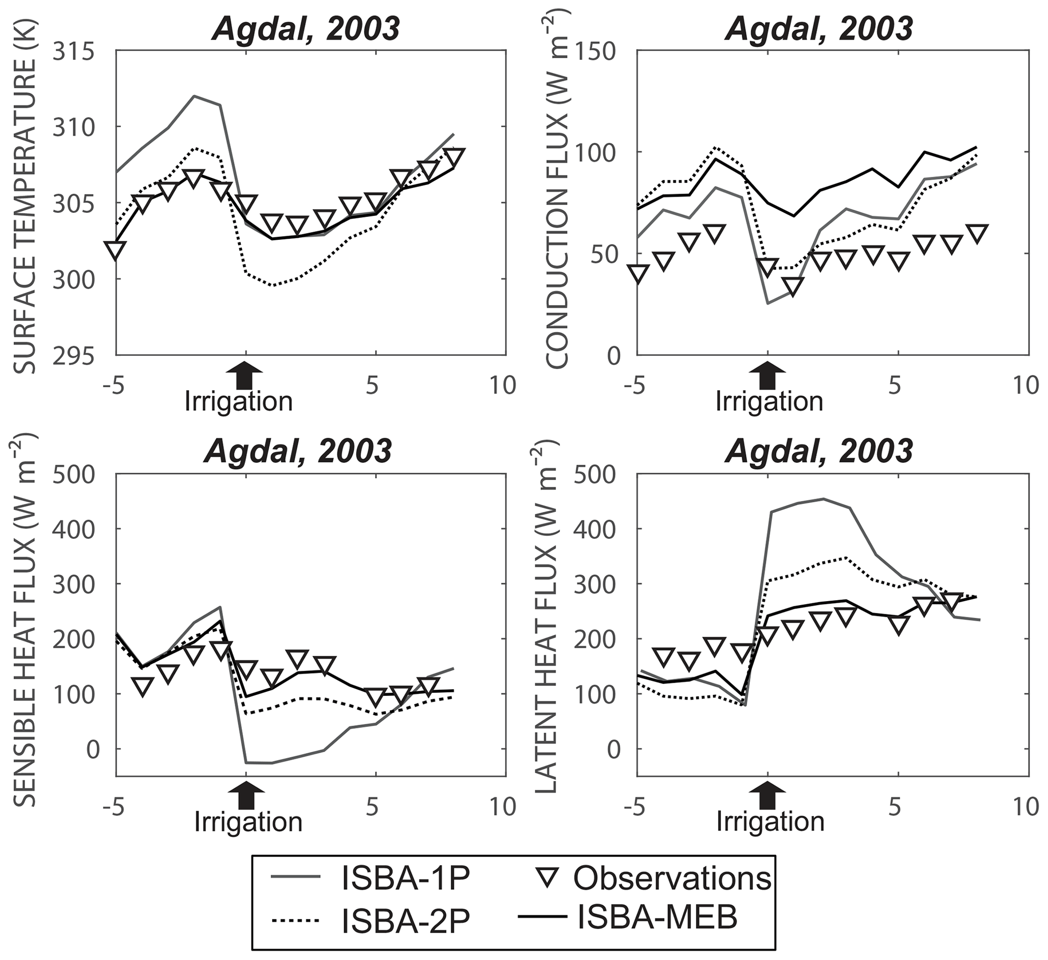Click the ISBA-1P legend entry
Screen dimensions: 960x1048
(406, 878)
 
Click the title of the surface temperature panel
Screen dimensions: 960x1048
(306, 28)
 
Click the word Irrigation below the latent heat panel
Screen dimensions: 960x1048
(770, 821)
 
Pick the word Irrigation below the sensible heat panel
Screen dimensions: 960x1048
(248, 821)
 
